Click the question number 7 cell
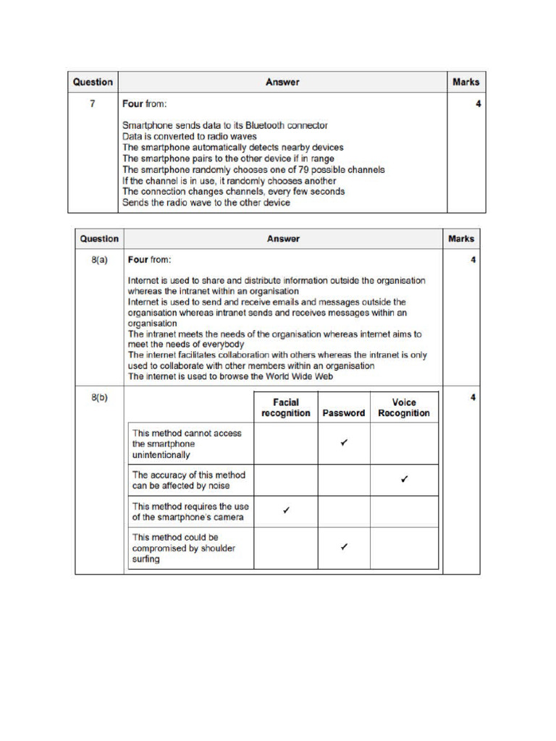click(x=93, y=104)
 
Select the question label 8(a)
click(x=99, y=259)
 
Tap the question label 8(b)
click(x=99, y=398)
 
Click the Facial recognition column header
click(x=285, y=407)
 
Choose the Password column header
click(x=344, y=413)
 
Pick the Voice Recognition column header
click(x=404, y=407)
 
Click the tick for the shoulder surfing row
click(x=344, y=548)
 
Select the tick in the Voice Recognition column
click(x=404, y=479)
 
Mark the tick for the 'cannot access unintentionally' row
click(x=344, y=443)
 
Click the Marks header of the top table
click(x=466, y=82)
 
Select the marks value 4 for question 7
click(x=478, y=104)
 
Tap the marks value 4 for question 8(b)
click(x=473, y=398)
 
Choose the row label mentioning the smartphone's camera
click(x=190, y=512)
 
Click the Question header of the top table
click(x=93, y=82)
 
